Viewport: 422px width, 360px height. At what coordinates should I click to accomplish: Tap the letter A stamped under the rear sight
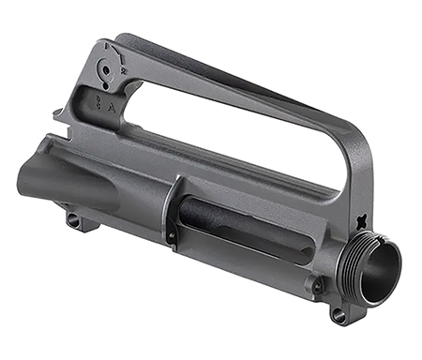tap(113, 106)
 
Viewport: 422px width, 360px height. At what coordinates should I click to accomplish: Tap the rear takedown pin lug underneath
tap(73, 220)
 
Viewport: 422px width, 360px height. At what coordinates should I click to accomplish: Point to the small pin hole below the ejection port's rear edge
tap(172, 236)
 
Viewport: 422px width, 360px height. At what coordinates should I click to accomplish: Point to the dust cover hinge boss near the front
tap(319, 281)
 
